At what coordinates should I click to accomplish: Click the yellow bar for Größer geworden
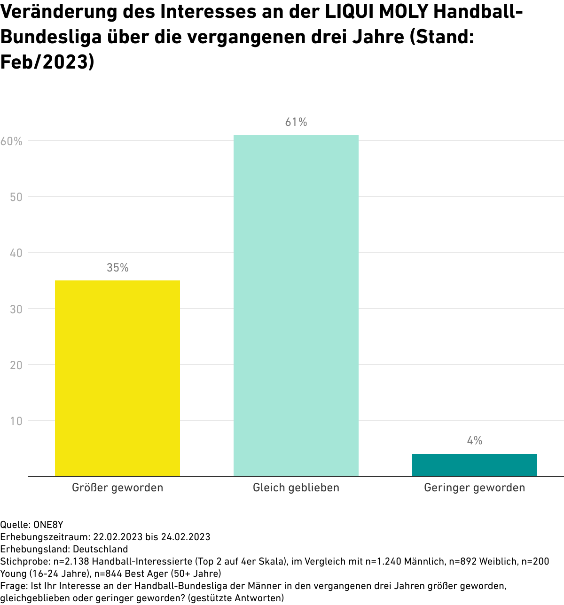click(x=117, y=378)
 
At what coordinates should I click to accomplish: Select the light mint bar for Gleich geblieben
click(x=296, y=305)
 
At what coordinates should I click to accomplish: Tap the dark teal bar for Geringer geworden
click(x=475, y=465)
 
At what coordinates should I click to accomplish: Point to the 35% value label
click(x=117, y=268)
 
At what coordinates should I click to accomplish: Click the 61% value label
click(x=296, y=122)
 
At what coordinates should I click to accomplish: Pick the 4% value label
click(x=475, y=441)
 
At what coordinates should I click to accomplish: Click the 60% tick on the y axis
click(x=12, y=141)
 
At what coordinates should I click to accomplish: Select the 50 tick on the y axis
click(x=16, y=197)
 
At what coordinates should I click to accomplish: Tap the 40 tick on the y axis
click(x=16, y=253)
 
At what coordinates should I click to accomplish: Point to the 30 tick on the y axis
click(x=16, y=309)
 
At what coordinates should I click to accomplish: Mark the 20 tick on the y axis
click(x=16, y=365)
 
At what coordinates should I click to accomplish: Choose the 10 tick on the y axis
click(x=16, y=421)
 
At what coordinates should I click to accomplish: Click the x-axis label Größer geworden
click(x=117, y=488)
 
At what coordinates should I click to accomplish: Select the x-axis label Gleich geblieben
click(x=296, y=488)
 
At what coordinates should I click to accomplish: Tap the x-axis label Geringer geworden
click(x=475, y=488)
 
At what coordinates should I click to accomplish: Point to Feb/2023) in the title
click(x=47, y=62)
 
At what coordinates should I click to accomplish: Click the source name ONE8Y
click(x=48, y=525)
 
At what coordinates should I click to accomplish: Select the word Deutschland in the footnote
click(x=101, y=549)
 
